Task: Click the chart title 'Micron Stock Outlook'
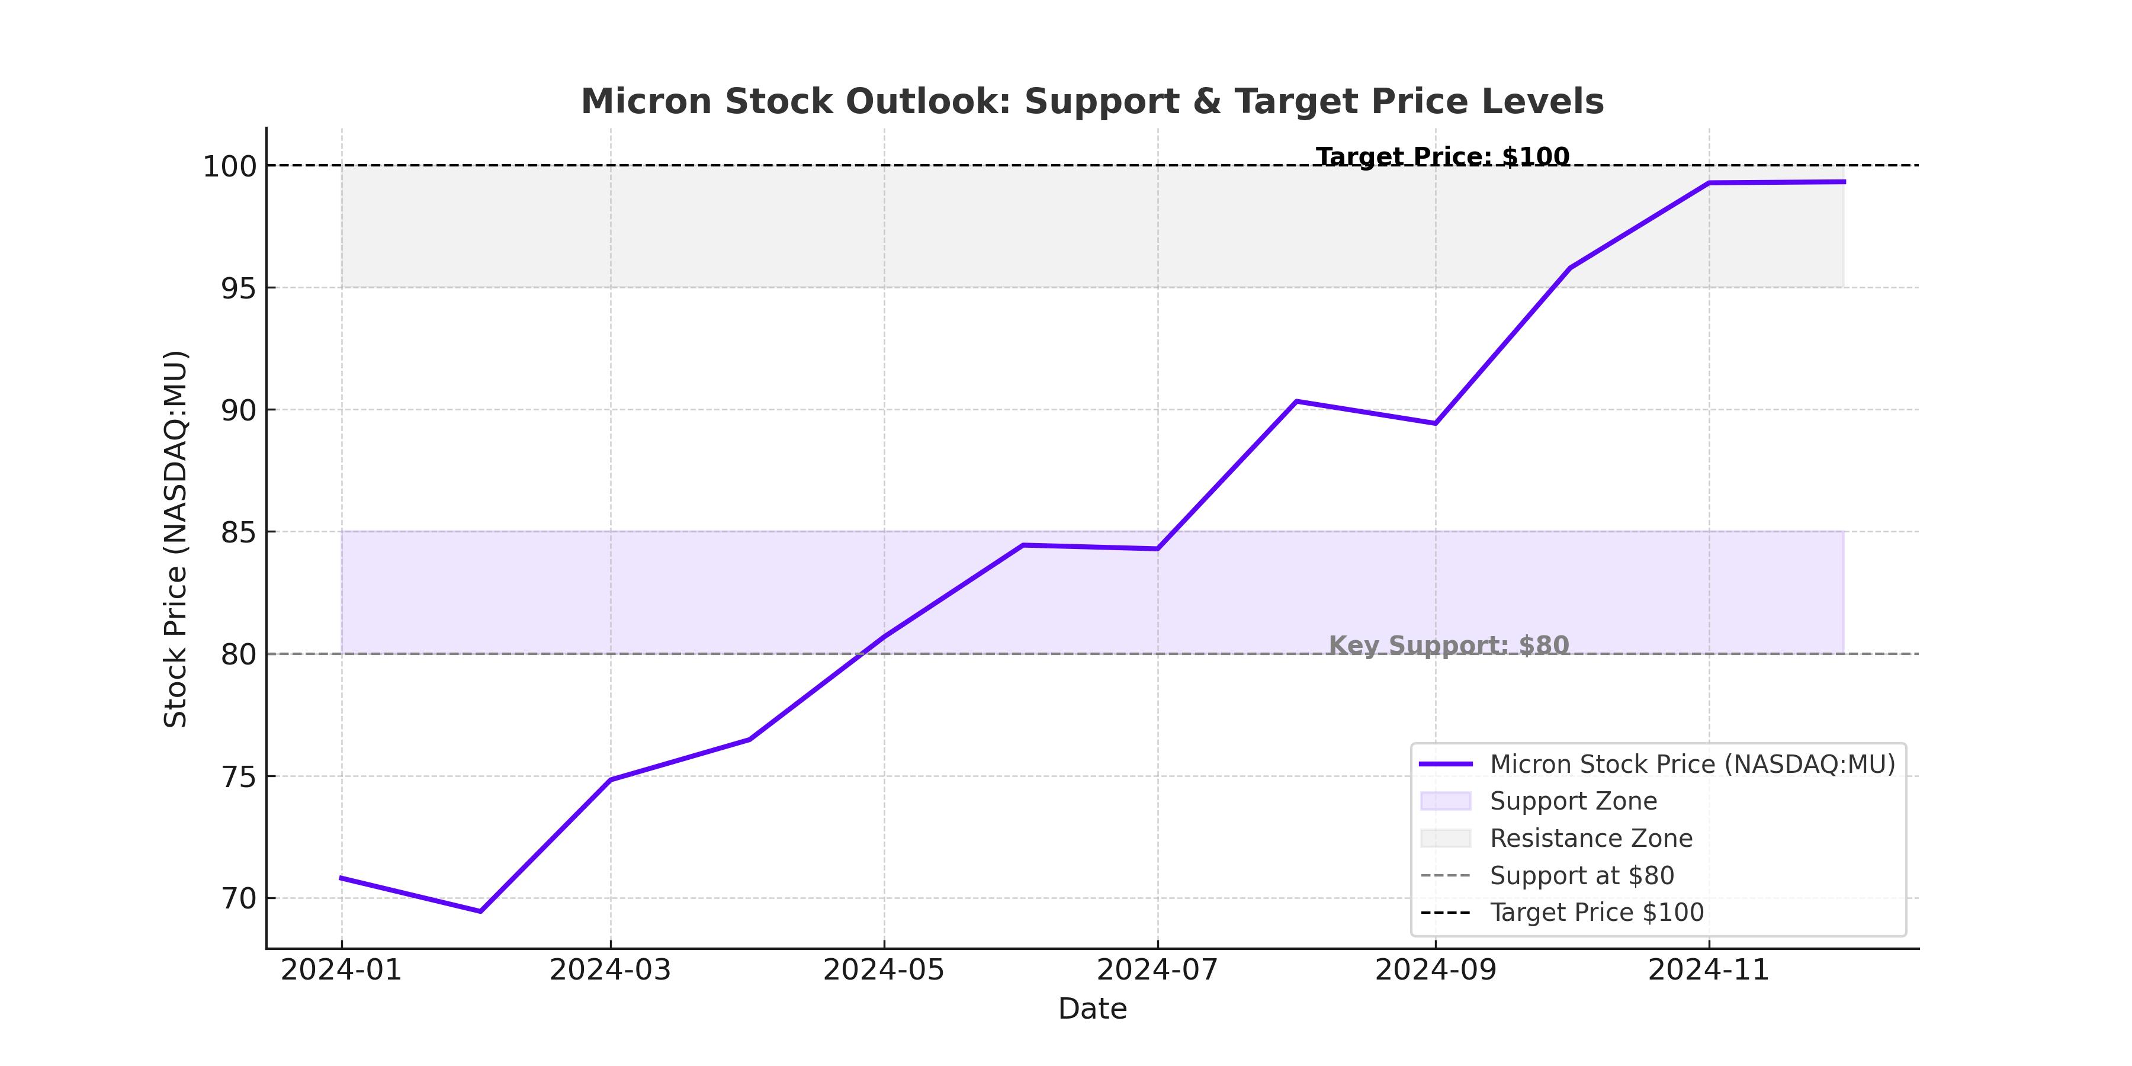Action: click(1093, 102)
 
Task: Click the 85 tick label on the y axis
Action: click(238, 532)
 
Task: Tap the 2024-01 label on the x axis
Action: click(341, 970)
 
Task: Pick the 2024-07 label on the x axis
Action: click(1157, 970)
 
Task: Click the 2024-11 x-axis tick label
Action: click(1708, 970)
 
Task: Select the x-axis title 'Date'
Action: click(1093, 1009)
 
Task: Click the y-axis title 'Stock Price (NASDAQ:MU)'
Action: click(175, 539)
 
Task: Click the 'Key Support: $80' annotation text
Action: click(1449, 645)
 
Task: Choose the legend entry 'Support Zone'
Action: click(1572, 801)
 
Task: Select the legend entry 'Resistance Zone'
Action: click(1591, 839)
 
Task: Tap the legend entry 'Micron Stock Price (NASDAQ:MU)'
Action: click(1692, 764)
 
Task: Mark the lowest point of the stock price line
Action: click(480, 911)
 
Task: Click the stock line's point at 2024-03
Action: click(611, 779)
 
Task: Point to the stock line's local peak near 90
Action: click(1296, 402)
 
